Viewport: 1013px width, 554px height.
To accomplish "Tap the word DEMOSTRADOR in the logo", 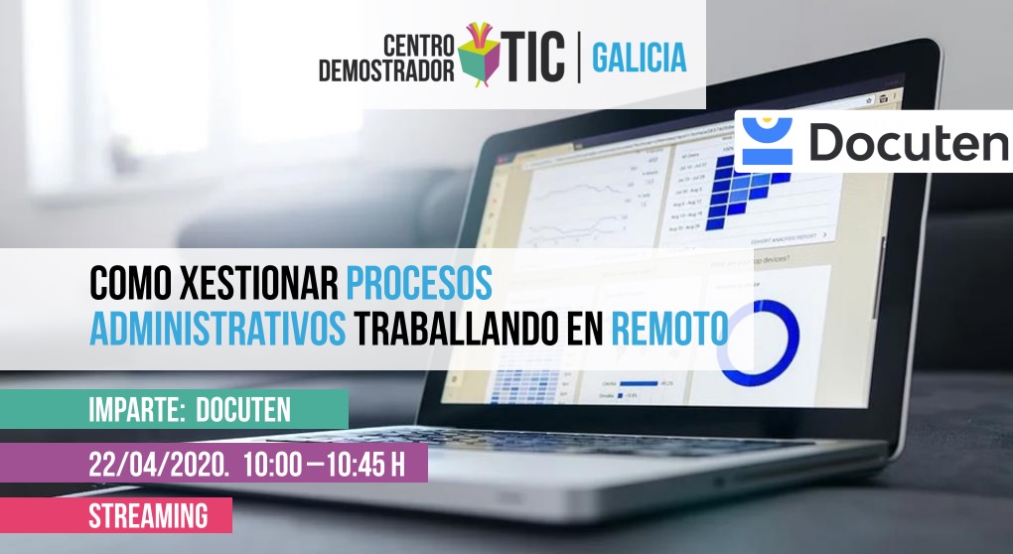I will (386, 70).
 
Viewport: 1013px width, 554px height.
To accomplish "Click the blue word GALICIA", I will (639, 59).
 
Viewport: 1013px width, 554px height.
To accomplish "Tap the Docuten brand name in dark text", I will (907, 143).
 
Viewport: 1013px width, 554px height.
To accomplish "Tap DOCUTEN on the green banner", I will (242, 409).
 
